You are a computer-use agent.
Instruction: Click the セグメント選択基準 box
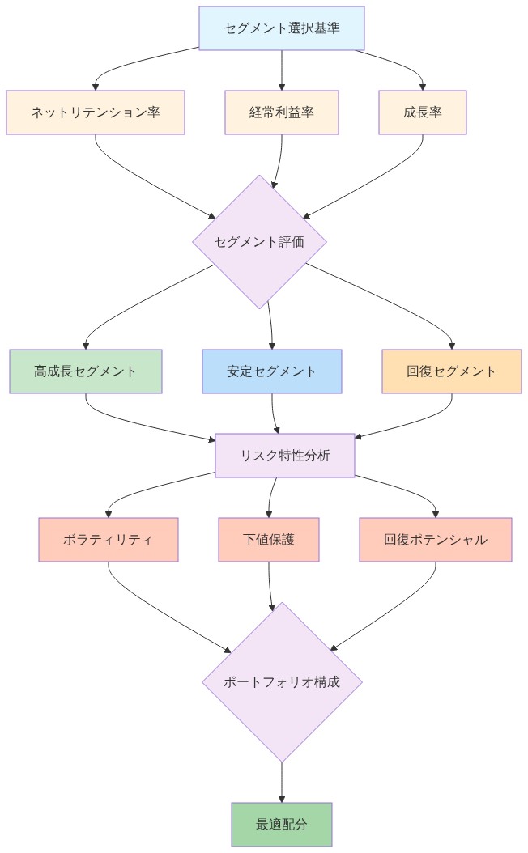point(282,28)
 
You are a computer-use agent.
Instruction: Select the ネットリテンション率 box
point(96,112)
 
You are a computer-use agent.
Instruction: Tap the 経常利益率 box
point(282,112)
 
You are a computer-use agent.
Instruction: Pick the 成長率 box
point(423,112)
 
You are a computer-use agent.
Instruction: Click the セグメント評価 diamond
point(259,241)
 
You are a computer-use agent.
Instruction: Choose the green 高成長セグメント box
point(86,371)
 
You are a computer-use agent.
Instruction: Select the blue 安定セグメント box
point(272,371)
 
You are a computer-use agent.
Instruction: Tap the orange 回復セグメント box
point(452,371)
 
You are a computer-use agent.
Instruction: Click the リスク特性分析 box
point(285,456)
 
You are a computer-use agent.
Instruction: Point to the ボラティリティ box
point(109,540)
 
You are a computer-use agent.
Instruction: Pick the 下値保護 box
point(269,540)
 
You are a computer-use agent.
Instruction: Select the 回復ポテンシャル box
point(436,540)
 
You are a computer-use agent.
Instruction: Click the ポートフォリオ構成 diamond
point(282,681)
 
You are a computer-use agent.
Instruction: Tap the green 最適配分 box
point(282,825)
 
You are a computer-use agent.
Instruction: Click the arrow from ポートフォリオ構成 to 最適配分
point(282,782)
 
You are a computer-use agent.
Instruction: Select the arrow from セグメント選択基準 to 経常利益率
point(282,70)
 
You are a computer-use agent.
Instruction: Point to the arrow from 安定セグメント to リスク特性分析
point(275,414)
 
